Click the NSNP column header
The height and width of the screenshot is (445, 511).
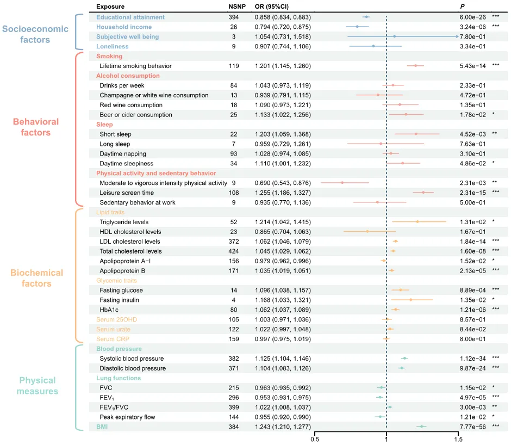point(237,7)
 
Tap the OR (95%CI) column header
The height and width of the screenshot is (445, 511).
point(271,7)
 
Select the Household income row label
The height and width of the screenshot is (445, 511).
point(124,27)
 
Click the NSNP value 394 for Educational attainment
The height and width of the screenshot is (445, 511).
point(234,17)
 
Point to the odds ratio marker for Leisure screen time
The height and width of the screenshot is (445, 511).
point(423,193)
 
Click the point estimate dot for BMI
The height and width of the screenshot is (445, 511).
point(421,427)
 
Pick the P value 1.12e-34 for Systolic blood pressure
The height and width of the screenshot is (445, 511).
point(472,358)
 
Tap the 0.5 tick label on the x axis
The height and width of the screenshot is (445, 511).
point(315,440)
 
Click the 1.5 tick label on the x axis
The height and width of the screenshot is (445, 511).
point(458,440)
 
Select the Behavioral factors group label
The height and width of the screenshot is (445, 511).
point(36,127)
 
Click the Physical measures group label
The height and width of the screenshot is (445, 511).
point(38,386)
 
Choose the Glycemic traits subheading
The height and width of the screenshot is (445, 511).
point(116,281)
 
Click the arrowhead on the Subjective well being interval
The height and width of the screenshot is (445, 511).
point(457,36)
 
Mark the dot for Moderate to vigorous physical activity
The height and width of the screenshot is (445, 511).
point(342,183)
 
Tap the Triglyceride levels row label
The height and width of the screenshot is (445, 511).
point(124,222)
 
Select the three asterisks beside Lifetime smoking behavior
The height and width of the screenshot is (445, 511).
point(495,65)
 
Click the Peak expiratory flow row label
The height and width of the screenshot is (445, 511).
point(127,417)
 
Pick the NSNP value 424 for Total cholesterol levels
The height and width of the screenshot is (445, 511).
point(234,251)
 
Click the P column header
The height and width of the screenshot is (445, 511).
point(462,7)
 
